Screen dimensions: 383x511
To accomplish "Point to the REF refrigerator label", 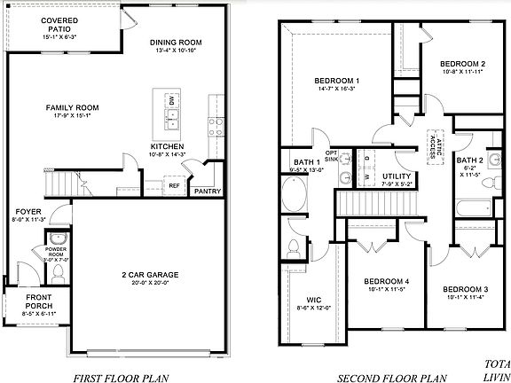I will click(x=175, y=185).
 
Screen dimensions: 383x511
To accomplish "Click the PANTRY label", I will click(x=208, y=190).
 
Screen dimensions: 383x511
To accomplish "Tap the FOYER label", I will click(x=26, y=213).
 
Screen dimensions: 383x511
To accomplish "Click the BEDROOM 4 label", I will click(x=387, y=285).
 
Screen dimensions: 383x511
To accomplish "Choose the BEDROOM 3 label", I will click(x=464, y=291).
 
